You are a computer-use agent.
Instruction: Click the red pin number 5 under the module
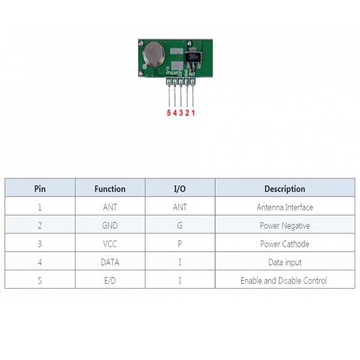(x=169, y=112)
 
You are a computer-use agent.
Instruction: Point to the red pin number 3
(x=181, y=112)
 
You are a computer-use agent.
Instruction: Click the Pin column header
(x=40, y=188)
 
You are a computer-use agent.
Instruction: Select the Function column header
(x=110, y=188)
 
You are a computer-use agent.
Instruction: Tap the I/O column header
(x=179, y=188)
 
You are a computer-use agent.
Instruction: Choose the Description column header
(x=284, y=188)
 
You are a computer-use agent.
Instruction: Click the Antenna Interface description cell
(x=284, y=208)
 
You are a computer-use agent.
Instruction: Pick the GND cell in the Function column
(x=110, y=226)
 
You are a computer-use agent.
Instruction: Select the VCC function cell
(x=110, y=244)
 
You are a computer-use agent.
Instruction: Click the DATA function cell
(x=110, y=262)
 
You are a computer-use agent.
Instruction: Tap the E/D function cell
(x=110, y=280)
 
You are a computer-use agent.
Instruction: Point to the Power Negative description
(x=284, y=226)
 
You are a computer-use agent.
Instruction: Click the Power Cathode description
(x=284, y=244)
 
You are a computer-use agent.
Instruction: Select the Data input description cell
(x=284, y=262)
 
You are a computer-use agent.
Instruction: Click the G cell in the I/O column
(x=179, y=226)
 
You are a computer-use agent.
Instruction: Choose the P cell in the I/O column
(x=179, y=244)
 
